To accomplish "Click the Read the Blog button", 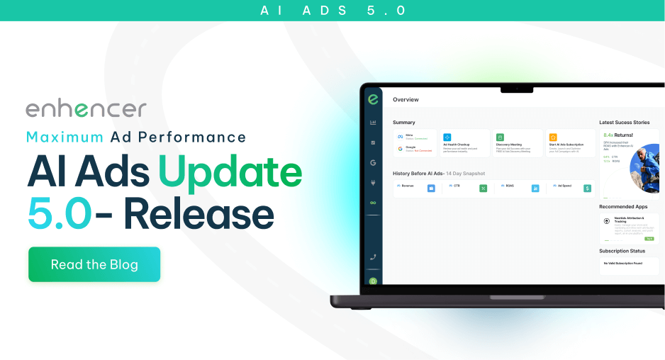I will [x=94, y=265].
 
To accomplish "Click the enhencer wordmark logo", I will [x=86, y=108].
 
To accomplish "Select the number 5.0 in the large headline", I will [x=59, y=213].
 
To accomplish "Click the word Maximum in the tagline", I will [x=58, y=137].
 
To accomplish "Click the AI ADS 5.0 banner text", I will [x=332, y=11].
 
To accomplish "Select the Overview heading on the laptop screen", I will [x=406, y=100].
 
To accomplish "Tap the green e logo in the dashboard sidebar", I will [x=372, y=100].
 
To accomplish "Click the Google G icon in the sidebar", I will [x=373, y=162].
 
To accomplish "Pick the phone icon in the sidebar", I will [x=373, y=257].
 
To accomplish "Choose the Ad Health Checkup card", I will [x=464, y=142].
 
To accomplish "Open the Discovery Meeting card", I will [x=517, y=142].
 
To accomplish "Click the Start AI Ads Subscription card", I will [x=570, y=142].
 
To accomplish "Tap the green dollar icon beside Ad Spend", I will [x=587, y=188].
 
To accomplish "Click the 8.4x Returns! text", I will [x=618, y=135].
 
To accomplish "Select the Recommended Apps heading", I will [x=622, y=207].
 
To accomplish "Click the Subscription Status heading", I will [x=622, y=251].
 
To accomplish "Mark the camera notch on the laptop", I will [x=517, y=89].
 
